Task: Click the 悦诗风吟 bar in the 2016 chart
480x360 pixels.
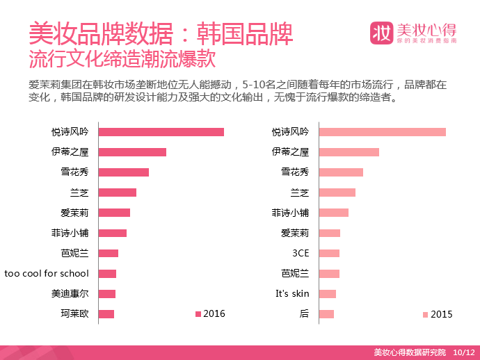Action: (x=161, y=132)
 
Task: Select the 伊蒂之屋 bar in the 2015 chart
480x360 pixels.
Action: (x=349, y=152)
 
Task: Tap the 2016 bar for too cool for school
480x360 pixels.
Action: (x=107, y=274)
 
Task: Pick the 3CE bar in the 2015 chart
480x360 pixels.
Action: (x=329, y=253)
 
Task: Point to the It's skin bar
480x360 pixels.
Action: (x=328, y=294)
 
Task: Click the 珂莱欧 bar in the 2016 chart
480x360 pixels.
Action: (x=106, y=314)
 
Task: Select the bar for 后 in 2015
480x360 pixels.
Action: (x=326, y=314)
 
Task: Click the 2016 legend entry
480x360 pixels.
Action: (x=210, y=314)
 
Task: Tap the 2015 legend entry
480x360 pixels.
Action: (x=438, y=314)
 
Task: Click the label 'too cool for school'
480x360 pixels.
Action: (x=47, y=273)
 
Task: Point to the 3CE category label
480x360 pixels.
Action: (x=301, y=253)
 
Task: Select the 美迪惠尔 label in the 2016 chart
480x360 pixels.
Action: (x=70, y=293)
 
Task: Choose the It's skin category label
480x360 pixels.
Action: (x=292, y=293)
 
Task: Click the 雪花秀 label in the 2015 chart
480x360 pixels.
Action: (x=295, y=172)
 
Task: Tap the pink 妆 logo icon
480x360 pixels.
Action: (x=381, y=33)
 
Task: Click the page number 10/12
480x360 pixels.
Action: (x=464, y=352)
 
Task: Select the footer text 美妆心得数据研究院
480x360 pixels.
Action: (x=410, y=352)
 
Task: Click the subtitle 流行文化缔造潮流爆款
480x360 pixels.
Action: (x=122, y=58)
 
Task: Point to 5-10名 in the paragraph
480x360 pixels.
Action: (x=257, y=85)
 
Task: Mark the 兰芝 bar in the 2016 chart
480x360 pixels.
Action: (x=118, y=193)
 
